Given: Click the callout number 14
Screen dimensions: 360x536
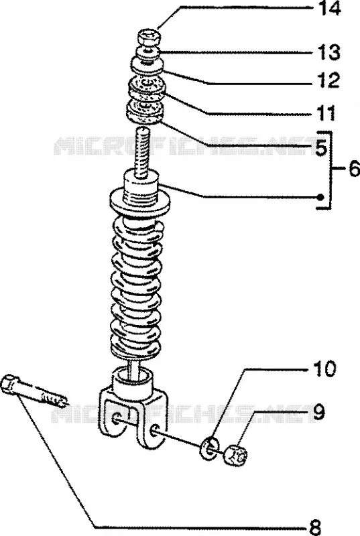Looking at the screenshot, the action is [329, 8].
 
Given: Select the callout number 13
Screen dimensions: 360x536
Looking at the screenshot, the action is [329, 52].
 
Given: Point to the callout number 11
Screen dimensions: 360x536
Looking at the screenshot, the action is [326, 113].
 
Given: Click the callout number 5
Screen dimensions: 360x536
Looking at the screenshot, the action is [321, 148].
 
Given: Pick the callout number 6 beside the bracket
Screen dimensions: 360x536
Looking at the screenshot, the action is [354, 169].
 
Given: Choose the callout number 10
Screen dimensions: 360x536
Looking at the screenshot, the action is [324, 368].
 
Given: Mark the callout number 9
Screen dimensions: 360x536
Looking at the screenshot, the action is [318, 412].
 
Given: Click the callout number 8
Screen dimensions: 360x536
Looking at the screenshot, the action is [315, 527].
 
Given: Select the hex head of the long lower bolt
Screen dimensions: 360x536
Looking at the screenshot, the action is [9, 383].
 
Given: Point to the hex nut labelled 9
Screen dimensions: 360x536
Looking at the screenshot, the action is [236, 455].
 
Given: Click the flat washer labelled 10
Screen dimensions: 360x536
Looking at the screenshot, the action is [210, 448].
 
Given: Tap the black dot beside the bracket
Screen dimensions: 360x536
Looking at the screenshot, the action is [320, 197].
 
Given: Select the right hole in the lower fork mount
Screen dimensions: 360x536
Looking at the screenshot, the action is [154, 429].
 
